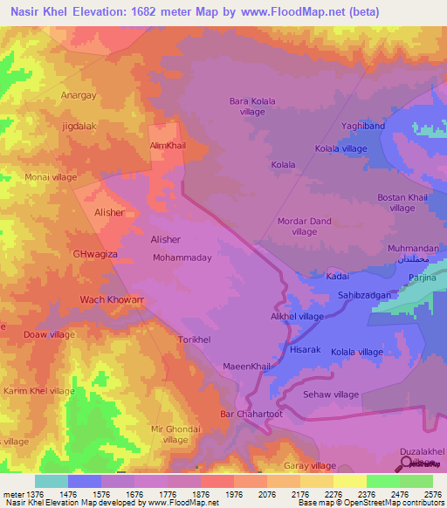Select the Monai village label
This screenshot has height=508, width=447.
[x=51, y=176]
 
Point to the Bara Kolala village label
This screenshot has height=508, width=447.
[x=252, y=106]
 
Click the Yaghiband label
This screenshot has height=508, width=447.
[x=362, y=126]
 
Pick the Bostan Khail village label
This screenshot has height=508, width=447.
[x=402, y=203]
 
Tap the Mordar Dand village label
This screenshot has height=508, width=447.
[x=304, y=226]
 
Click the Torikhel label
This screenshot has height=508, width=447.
[x=192, y=338]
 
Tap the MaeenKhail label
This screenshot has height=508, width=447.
[x=248, y=367]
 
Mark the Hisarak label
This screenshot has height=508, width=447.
[x=306, y=349]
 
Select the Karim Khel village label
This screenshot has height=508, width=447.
[x=39, y=391]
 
